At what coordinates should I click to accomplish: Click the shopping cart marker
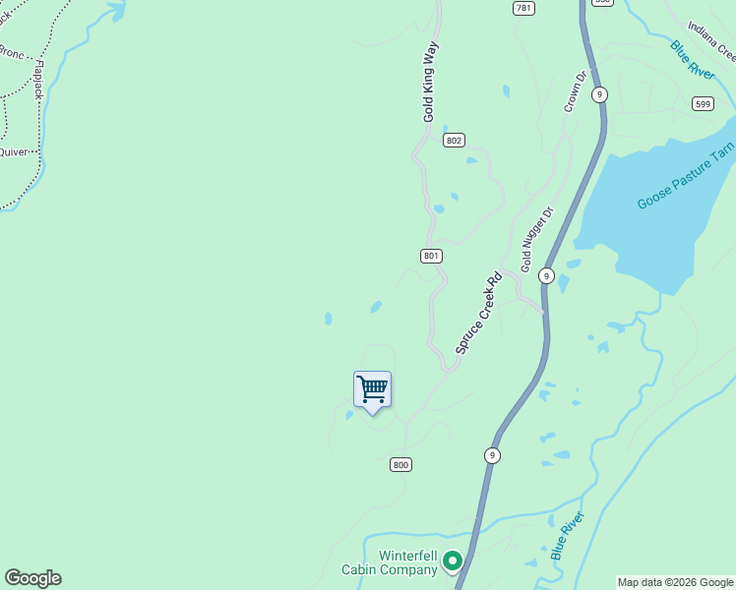point(373,389)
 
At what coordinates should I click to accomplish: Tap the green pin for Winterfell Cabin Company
point(453,560)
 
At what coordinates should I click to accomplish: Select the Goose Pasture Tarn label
point(686,176)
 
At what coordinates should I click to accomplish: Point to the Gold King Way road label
point(430,82)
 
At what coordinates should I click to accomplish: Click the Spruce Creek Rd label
point(479,313)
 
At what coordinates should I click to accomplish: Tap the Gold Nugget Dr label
point(538,239)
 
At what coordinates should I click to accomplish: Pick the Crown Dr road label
point(575,89)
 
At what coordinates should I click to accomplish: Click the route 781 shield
point(523,8)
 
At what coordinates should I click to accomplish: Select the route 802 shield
point(453,141)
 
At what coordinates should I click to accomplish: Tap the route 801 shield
point(431,256)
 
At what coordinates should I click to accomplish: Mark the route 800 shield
point(399,464)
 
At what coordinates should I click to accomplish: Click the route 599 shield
point(702,103)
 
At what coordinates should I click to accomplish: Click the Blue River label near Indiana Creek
point(692,61)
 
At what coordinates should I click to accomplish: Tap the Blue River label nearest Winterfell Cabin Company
point(568,535)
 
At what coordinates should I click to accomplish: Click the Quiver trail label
point(13,152)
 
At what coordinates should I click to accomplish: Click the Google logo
point(32,578)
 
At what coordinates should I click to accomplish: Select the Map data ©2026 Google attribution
point(674,582)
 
